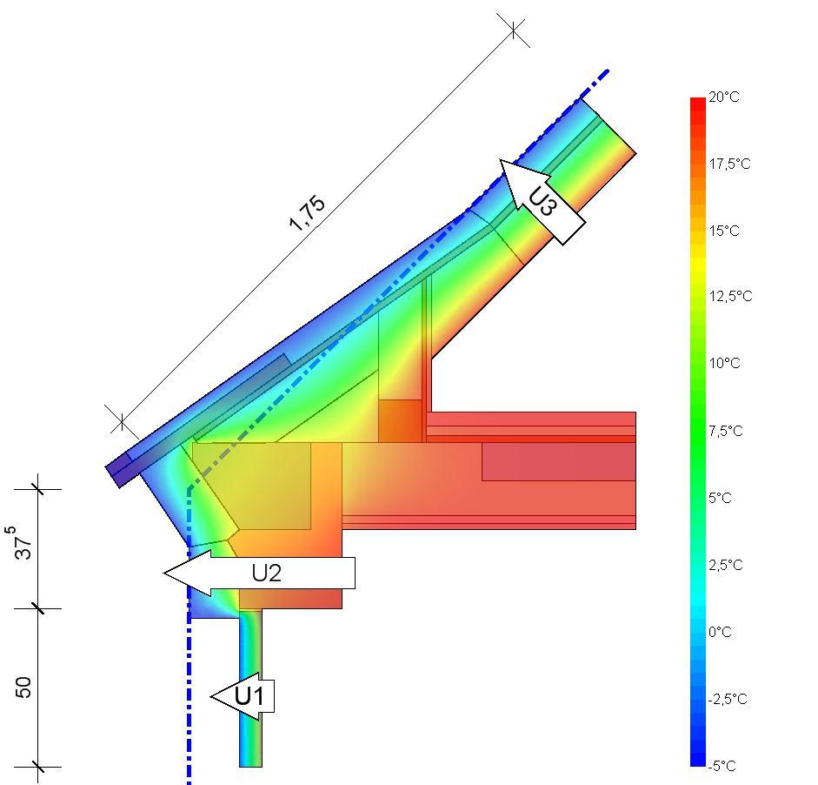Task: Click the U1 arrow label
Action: [249, 696]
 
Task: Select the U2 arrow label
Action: [267, 573]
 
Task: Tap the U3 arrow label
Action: [542, 202]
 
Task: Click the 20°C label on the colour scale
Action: [723, 97]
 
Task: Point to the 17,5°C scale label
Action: [729, 164]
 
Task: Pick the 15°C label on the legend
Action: [723, 231]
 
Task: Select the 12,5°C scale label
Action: [730, 296]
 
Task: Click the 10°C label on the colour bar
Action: [724, 363]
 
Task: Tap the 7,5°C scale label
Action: [726, 431]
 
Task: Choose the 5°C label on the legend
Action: [720, 498]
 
